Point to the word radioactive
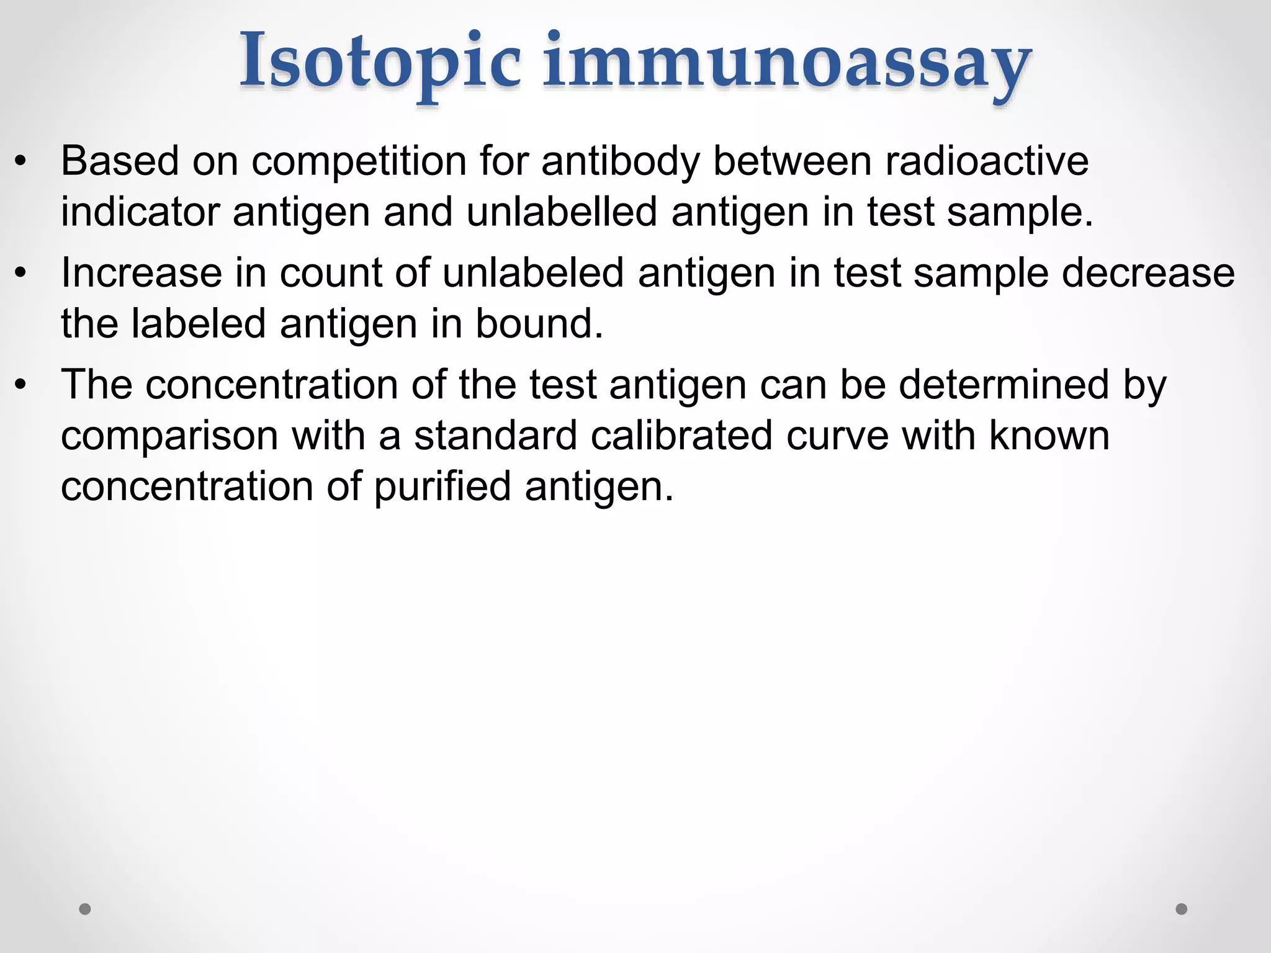tap(987, 161)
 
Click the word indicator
tap(140, 212)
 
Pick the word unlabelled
tap(562, 212)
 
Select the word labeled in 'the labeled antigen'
tap(199, 324)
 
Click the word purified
tap(442, 486)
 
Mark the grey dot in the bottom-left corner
tap(85, 909)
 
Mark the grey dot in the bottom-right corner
tap(1182, 909)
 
